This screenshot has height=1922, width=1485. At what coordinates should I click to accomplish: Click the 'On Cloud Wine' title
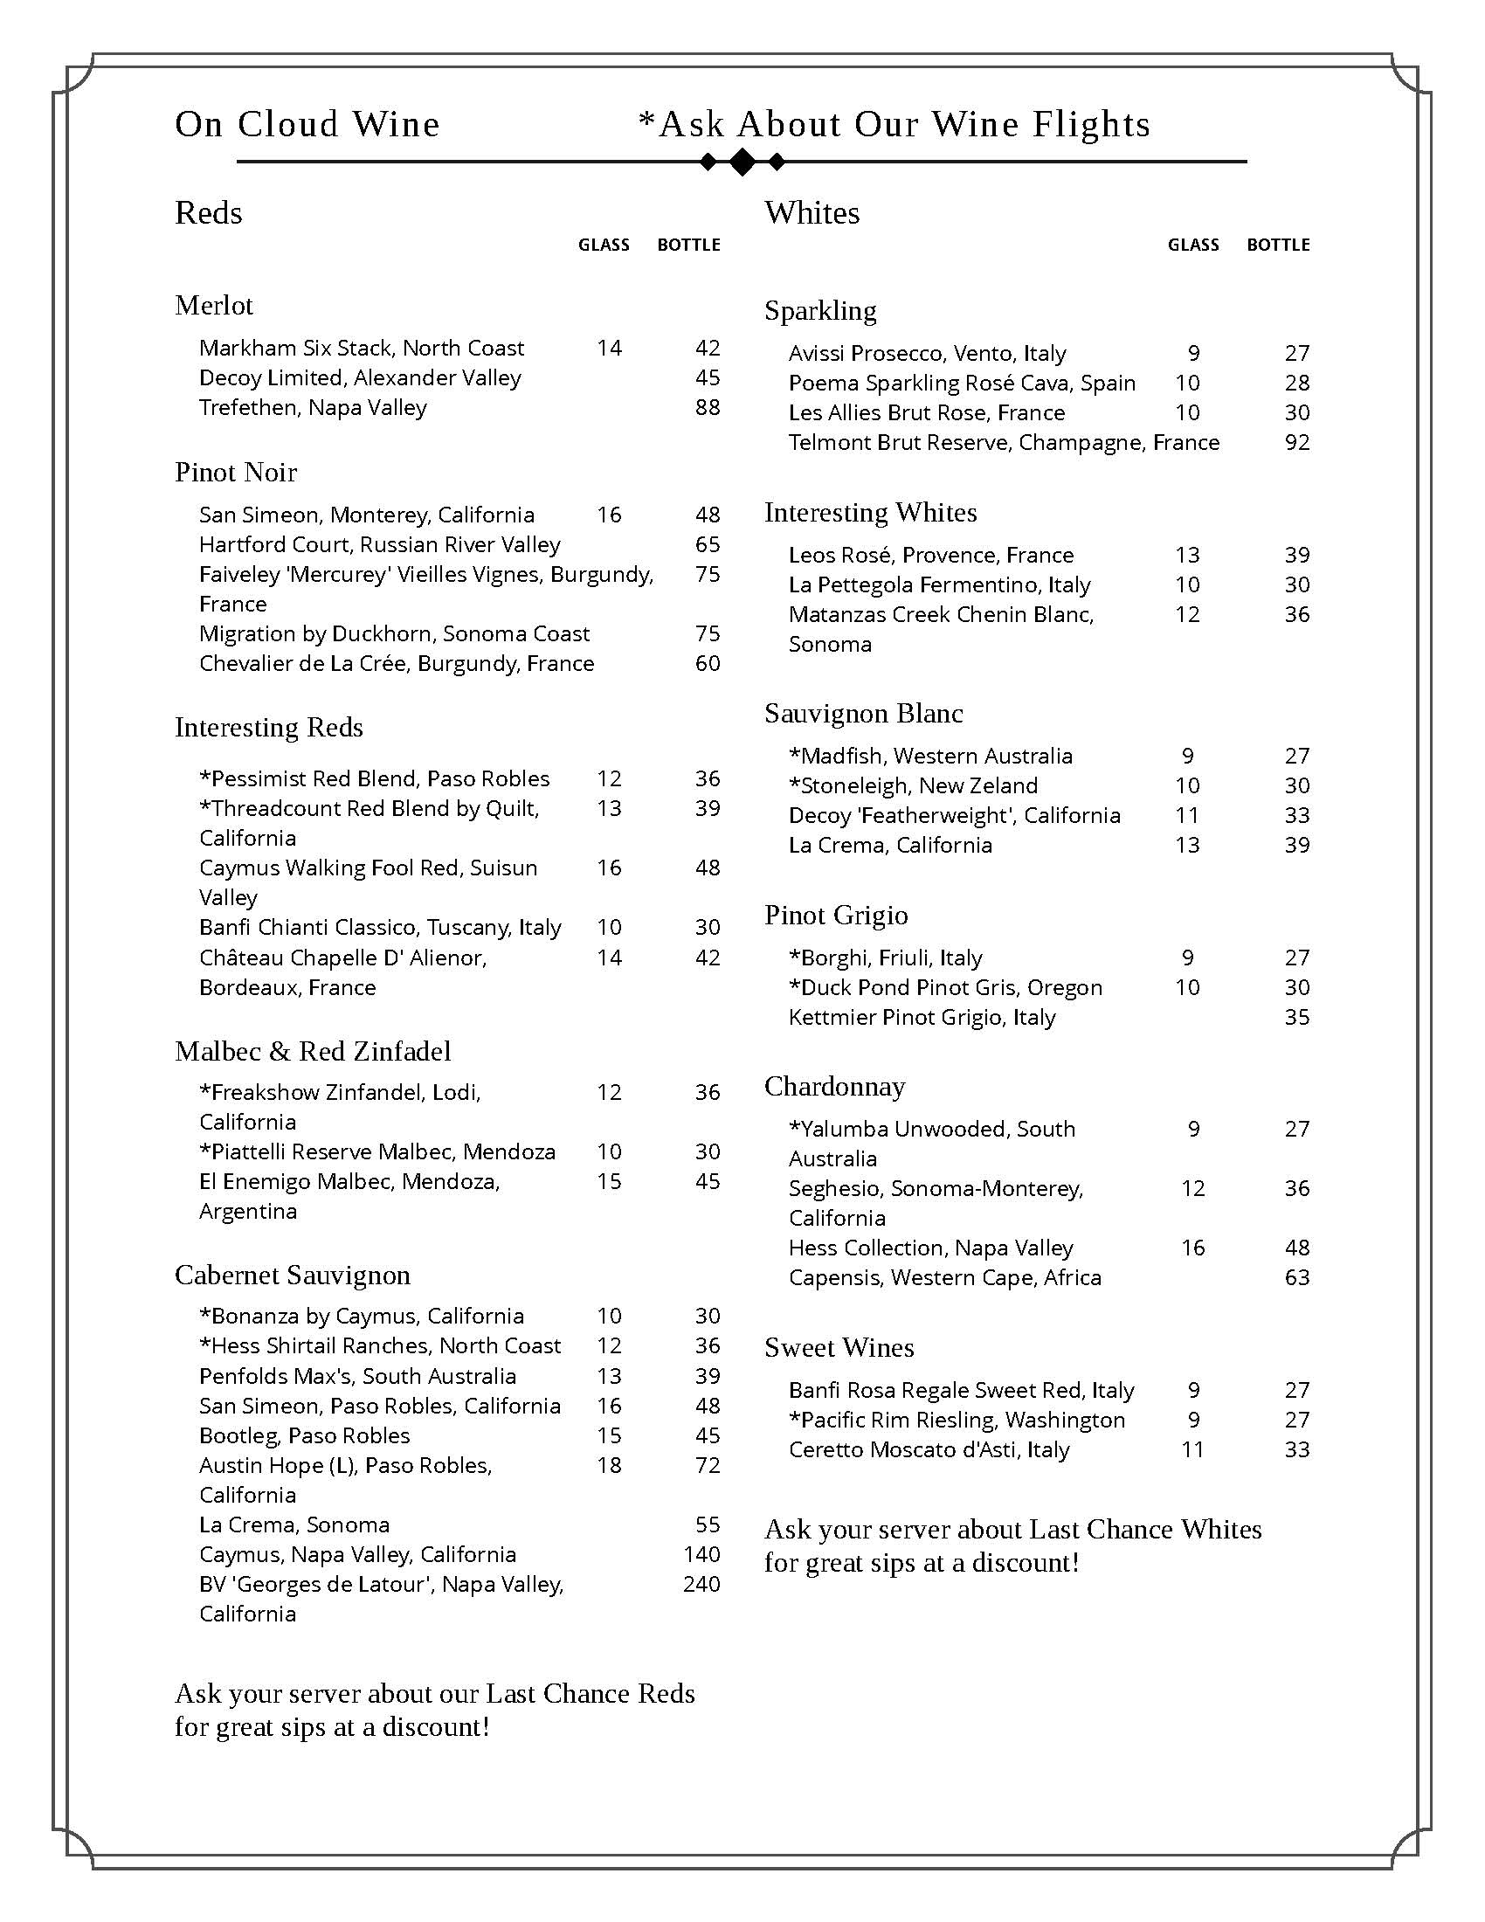pos(307,125)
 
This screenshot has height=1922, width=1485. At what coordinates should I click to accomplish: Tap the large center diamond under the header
pos(742,162)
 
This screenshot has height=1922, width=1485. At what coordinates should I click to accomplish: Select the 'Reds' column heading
pos(209,213)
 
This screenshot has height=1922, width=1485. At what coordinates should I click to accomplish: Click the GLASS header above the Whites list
pos(1193,245)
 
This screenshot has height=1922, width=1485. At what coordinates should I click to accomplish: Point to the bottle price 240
pos(701,1584)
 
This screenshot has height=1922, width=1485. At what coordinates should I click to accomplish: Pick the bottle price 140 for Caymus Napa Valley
pos(701,1554)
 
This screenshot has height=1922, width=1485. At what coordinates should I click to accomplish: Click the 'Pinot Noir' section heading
pos(236,473)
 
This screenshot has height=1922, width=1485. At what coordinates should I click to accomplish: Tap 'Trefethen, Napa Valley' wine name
pos(313,407)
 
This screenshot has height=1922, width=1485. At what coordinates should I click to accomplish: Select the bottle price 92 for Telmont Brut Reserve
pos(1296,443)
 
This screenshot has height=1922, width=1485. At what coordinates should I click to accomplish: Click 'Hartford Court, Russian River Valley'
pos(379,545)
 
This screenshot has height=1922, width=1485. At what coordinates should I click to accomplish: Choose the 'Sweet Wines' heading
pos(839,1348)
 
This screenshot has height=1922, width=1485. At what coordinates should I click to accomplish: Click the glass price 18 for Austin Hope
pos(609,1465)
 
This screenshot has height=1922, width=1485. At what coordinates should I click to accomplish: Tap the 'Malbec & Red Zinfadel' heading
pos(313,1052)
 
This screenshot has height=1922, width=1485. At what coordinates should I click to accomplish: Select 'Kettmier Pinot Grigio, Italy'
pos(921,1017)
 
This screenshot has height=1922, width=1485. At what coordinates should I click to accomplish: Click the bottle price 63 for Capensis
pos(1296,1277)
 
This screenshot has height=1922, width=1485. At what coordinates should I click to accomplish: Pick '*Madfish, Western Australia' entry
pos(930,756)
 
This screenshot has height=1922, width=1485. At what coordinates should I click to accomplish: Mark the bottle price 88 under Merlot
pos(708,407)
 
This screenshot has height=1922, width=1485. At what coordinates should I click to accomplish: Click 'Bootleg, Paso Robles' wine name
pos(304,1435)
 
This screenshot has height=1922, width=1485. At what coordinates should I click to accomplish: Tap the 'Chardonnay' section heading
pos(834,1087)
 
